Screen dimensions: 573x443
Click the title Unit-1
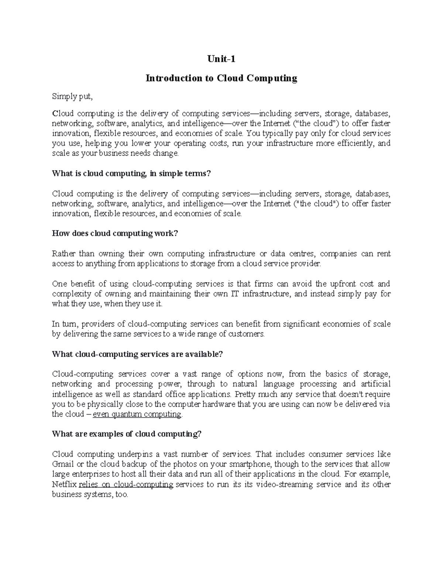tap(221, 59)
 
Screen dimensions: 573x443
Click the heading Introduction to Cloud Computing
tap(221, 78)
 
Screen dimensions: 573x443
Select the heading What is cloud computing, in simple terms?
tap(131, 174)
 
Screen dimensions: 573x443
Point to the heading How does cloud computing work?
tap(115, 234)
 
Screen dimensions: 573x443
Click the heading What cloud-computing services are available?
tap(138, 354)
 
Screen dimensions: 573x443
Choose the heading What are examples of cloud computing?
tap(127, 434)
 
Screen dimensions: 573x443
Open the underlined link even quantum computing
tap(137, 414)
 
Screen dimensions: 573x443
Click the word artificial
tap(376, 384)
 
